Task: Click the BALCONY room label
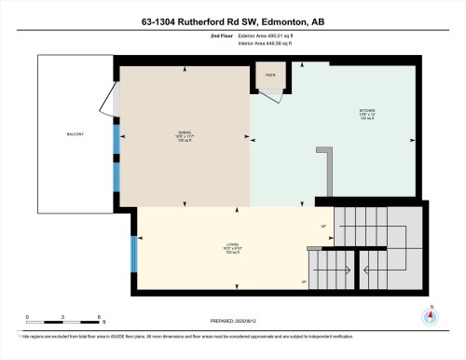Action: point(76,135)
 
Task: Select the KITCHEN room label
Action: point(366,112)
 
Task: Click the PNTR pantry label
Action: point(271,75)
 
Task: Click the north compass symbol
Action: point(429,315)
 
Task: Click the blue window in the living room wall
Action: point(132,247)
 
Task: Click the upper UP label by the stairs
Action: point(323,227)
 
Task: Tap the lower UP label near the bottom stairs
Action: point(304,282)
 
